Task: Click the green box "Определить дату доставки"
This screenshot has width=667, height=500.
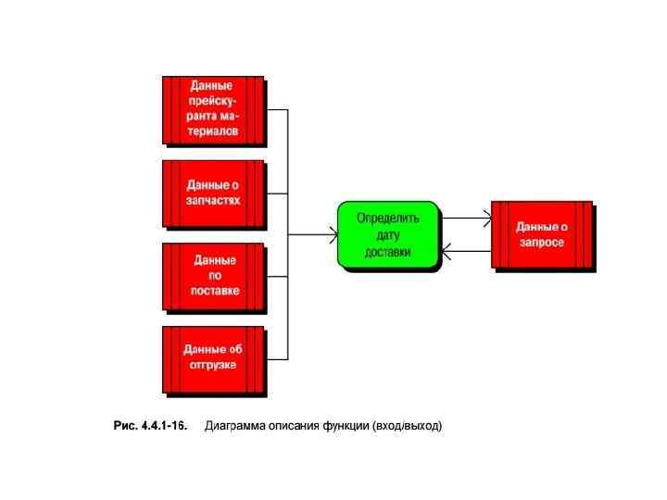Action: pyautogui.click(x=387, y=235)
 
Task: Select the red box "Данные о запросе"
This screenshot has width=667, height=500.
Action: pyautogui.click(x=541, y=235)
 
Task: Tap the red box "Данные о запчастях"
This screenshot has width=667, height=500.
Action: pyautogui.click(x=213, y=194)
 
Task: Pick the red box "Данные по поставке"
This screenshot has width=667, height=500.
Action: pyautogui.click(x=213, y=276)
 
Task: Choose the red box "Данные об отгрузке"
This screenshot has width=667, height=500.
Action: pyautogui.click(x=213, y=358)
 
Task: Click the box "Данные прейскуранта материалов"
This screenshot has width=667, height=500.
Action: pyautogui.click(x=213, y=109)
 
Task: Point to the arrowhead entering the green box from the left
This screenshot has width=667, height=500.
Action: pyautogui.click(x=332, y=235)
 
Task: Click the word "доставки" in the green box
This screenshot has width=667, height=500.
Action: pyautogui.click(x=388, y=251)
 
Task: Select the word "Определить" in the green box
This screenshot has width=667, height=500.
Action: pyautogui.click(x=388, y=219)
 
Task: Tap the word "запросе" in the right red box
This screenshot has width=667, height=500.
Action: pyautogui.click(x=542, y=242)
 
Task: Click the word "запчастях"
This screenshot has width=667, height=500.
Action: pyautogui.click(x=213, y=200)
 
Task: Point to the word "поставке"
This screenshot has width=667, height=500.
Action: pyautogui.click(x=214, y=291)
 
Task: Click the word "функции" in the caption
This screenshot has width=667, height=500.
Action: pyautogui.click(x=346, y=426)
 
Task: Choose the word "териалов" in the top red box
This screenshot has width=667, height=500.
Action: pyautogui.click(x=213, y=131)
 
